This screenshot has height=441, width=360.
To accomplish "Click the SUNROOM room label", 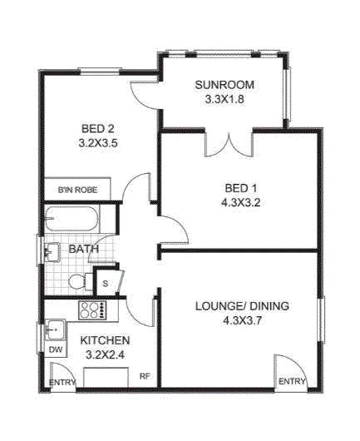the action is pos(224,85).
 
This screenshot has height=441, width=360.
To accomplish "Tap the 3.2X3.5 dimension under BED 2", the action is pos(98,143).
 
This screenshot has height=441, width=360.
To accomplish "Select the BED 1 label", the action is pos(241,188).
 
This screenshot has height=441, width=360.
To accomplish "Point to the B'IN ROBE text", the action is pos(77,190).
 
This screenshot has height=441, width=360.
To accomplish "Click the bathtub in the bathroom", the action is pos(72,219).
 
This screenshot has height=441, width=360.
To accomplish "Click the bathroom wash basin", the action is pos(52,252).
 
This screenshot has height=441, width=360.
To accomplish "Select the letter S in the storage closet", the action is pos(106,283).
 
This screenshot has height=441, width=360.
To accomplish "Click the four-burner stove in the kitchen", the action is pos(93,310).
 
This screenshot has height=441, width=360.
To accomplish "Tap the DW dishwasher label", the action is pos(56,349).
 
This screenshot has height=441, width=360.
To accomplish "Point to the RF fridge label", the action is pos(145,376).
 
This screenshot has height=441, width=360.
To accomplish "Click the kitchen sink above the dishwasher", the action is pos(56,330).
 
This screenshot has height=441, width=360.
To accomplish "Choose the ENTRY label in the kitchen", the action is pos(62,383).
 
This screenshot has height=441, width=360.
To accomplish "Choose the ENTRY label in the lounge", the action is pos(292,381).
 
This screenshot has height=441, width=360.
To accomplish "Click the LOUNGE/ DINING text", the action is pos(242,306).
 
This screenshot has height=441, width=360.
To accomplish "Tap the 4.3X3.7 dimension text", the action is pos(242,320).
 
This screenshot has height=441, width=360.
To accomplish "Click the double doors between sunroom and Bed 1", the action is pos(229,144).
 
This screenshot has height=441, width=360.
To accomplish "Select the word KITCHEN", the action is pos(105,340).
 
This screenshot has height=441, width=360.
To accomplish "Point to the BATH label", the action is pos(83,249).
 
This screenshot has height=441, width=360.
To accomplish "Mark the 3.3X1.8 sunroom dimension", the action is pos(224,99).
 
